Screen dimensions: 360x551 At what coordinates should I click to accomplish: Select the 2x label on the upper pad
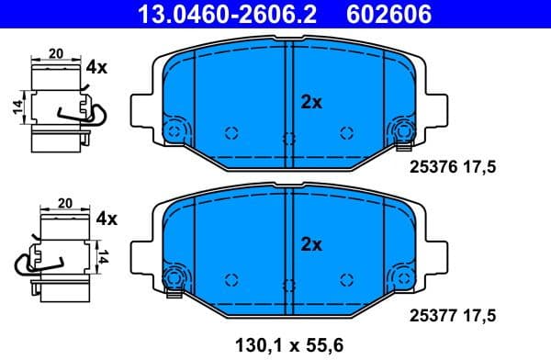click(x=311, y=103)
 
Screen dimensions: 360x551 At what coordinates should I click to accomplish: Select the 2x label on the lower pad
click(x=311, y=244)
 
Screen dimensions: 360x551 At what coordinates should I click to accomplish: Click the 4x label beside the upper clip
click(x=97, y=67)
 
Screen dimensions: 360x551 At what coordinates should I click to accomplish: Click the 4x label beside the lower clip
click(x=107, y=219)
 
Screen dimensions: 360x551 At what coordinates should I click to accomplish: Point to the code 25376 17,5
click(x=450, y=167)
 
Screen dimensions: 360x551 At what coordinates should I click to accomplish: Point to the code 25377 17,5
click(x=450, y=315)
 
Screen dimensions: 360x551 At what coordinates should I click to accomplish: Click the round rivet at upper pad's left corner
click(x=174, y=130)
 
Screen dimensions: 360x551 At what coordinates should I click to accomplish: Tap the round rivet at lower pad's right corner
click(x=403, y=278)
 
